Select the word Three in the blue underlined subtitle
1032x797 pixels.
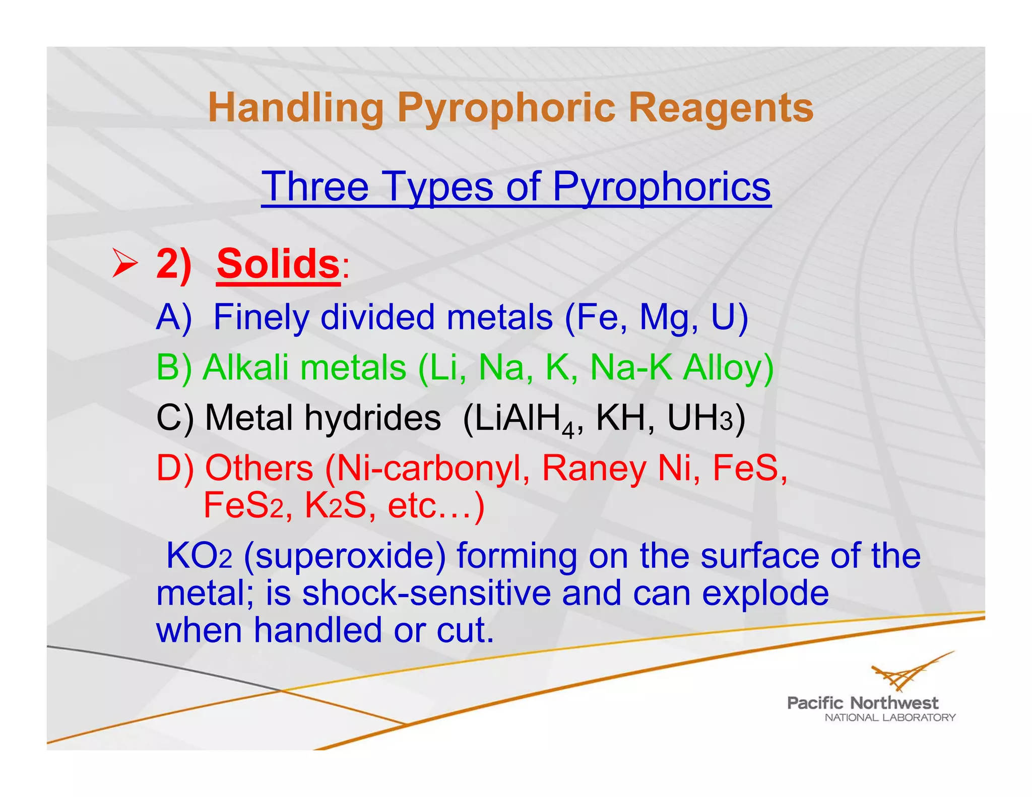coord(315,186)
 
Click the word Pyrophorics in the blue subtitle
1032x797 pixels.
coord(661,186)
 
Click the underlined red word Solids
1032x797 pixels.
coord(278,263)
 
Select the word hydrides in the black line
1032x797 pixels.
coord(373,418)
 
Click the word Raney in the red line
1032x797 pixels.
coord(593,469)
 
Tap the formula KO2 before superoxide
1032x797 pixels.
coord(199,556)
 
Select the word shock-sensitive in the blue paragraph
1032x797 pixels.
coord(426,593)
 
